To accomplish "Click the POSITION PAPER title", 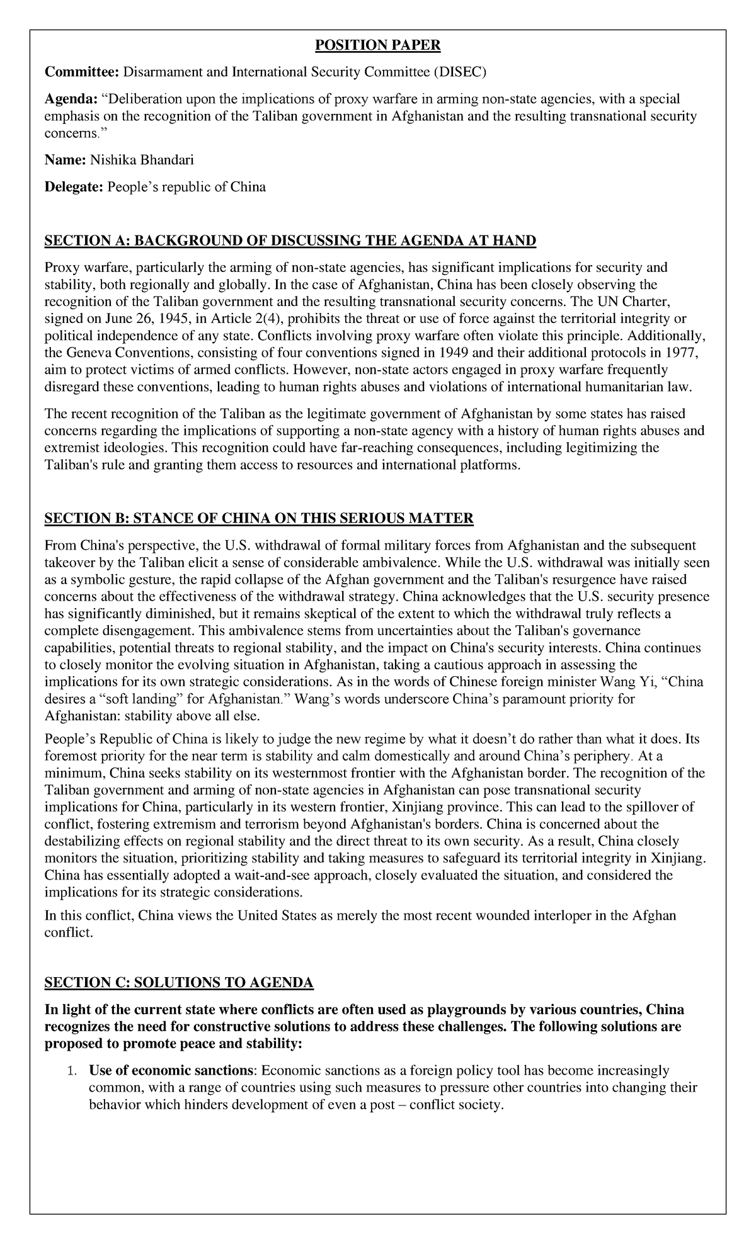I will click(378, 45).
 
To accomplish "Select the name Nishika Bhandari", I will click(142, 160).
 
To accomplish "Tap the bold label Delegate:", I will click(73, 187).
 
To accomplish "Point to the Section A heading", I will click(289, 240).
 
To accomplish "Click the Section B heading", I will click(258, 518).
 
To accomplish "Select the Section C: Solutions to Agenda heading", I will click(178, 983).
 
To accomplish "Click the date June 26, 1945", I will click(133, 319).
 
